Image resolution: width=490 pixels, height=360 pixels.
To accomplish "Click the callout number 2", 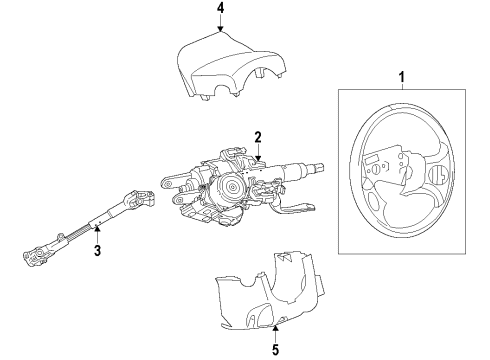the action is [x=257, y=137].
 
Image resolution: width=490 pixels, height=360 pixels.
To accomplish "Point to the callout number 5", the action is [x=276, y=323].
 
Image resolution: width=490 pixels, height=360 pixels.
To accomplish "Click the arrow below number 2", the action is [x=258, y=153].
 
